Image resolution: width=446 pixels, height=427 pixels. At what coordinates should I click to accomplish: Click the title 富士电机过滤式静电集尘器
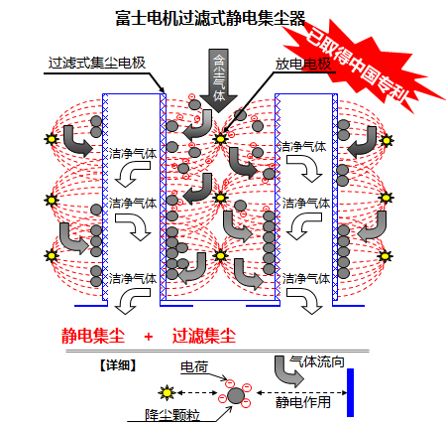pyautogui.click(x=210, y=18)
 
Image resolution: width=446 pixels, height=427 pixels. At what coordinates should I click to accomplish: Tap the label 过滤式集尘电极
pyautogui.click(x=97, y=63)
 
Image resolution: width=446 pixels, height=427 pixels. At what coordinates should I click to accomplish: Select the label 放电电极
pyautogui.click(x=303, y=64)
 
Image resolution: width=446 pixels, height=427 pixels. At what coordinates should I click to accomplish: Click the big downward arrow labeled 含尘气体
pyautogui.click(x=218, y=80)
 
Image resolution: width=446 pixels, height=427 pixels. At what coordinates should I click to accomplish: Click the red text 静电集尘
pyautogui.click(x=93, y=336)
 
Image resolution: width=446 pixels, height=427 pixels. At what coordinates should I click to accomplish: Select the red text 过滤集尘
pyautogui.click(x=203, y=336)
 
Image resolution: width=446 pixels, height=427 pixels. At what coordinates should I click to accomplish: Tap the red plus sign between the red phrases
pyautogui.click(x=149, y=337)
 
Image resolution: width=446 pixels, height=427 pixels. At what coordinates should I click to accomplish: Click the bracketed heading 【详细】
pyautogui.click(x=118, y=365)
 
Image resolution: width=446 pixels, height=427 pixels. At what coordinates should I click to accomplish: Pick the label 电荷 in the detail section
pyautogui.click(x=194, y=366)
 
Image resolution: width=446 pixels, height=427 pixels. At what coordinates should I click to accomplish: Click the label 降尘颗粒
pyautogui.click(x=172, y=415)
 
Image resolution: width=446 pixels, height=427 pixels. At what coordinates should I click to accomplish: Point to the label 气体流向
pyautogui.click(x=317, y=361)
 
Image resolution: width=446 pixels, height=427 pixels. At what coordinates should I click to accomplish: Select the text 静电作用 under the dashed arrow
pyautogui.click(x=303, y=402)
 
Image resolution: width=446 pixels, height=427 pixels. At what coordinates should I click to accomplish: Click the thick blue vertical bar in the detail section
pyautogui.click(x=350, y=392)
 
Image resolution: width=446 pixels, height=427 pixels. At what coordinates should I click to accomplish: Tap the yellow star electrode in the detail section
pyautogui.click(x=167, y=393)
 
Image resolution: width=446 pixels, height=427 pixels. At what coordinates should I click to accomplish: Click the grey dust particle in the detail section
pyautogui.click(x=236, y=395)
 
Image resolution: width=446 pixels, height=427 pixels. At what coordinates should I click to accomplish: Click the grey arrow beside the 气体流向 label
pyautogui.click(x=286, y=372)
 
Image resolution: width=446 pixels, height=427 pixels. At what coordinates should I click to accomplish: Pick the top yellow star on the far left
pyautogui.click(x=52, y=139)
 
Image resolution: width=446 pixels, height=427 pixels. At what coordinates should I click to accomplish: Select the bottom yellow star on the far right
pyautogui.click(x=385, y=256)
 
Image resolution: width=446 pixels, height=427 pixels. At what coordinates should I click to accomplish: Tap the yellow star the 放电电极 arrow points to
pyautogui.click(x=220, y=139)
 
